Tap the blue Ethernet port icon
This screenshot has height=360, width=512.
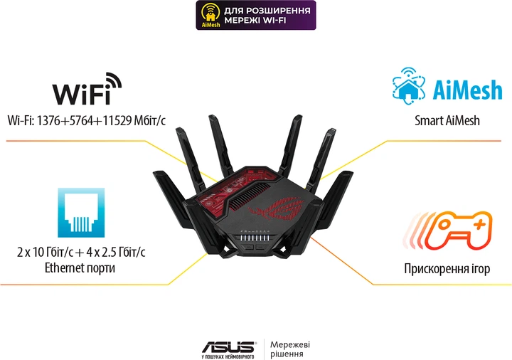pyautogui.click(x=81, y=212)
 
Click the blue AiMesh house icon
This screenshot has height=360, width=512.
pyautogui.click(x=408, y=85)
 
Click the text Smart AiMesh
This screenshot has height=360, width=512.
pyautogui.click(x=447, y=120)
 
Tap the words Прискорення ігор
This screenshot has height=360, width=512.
pyautogui.click(x=447, y=268)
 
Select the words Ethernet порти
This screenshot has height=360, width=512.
pyautogui.click(x=80, y=268)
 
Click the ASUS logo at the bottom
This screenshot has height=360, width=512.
pyautogui.click(x=228, y=348)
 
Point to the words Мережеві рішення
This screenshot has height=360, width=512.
pyautogui.click(x=290, y=349)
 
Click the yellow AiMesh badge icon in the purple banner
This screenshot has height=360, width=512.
pyautogui.click(x=210, y=15)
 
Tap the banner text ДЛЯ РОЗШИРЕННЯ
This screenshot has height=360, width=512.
pyautogui.click(x=267, y=11)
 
